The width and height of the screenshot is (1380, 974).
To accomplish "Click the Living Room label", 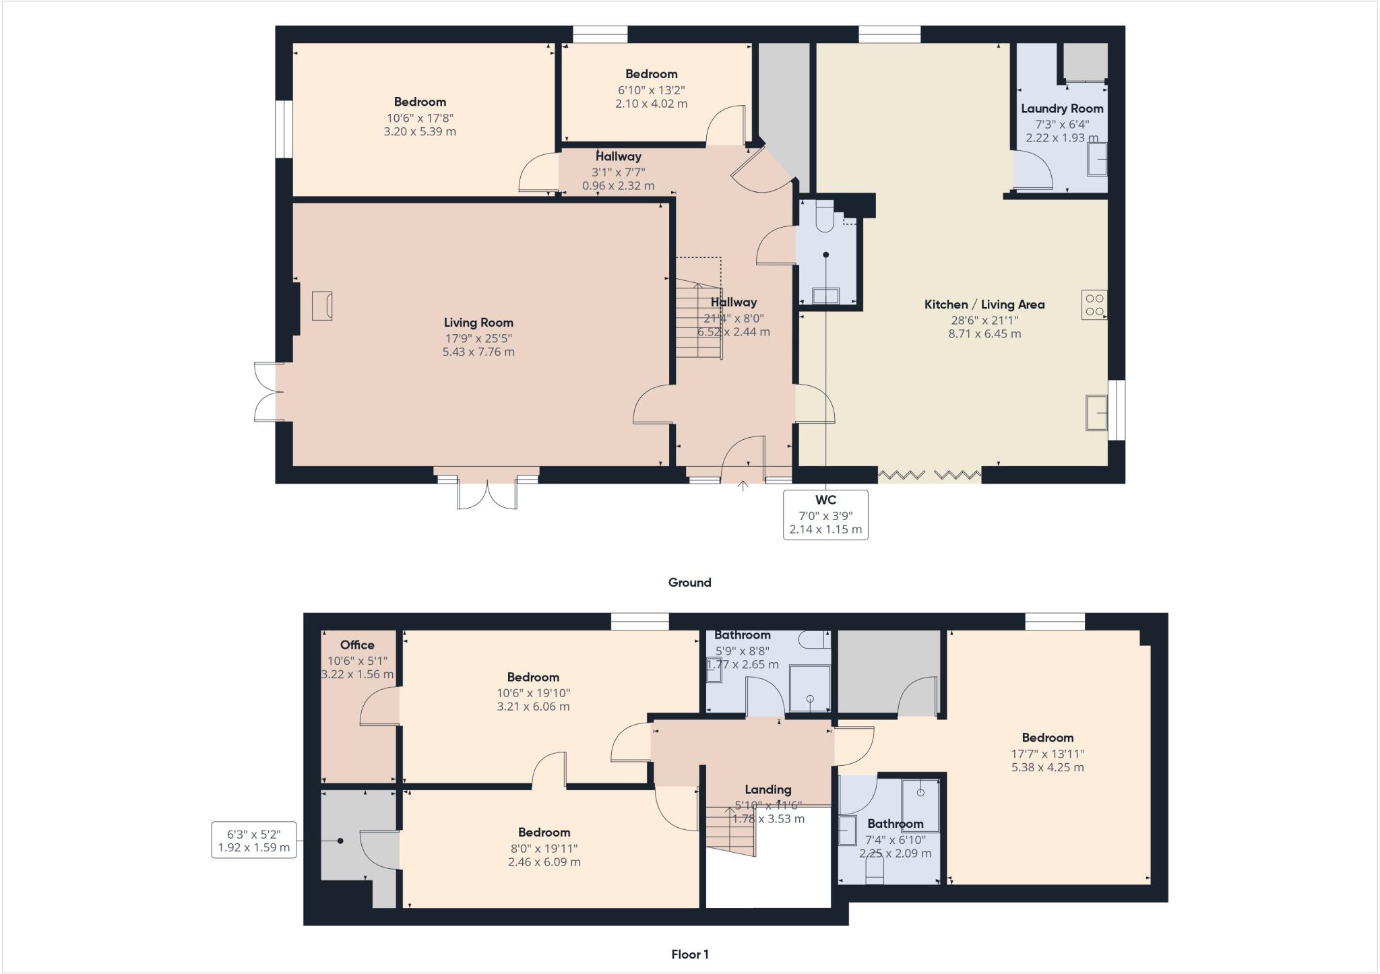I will click(x=478, y=323).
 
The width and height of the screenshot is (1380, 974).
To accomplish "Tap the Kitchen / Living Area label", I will click(x=984, y=304).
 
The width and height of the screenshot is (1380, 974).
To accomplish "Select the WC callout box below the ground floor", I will click(x=825, y=515).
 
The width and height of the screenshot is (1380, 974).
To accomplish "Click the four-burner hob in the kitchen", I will click(x=1094, y=304).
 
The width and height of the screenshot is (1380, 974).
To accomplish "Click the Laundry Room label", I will click(x=1062, y=108).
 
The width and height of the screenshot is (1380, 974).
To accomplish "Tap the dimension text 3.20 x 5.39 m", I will click(x=420, y=131).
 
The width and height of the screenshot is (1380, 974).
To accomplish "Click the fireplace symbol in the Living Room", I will click(x=322, y=306).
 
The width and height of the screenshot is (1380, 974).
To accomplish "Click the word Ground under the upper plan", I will click(x=689, y=583).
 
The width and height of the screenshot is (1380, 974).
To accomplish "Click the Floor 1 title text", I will click(x=689, y=954).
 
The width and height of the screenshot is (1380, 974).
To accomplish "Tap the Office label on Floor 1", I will click(x=357, y=645).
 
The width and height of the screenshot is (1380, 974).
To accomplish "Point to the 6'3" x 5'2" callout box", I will click(x=254, y=840).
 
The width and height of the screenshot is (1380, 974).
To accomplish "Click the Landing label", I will click(x=767, y=789).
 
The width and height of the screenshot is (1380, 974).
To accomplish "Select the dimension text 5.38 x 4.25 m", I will click(x=1047, y=767).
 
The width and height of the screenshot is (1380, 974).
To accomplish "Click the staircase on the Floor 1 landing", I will click(x=730, y=831).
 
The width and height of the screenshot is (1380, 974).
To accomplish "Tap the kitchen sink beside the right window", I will click(x=1096, y=412).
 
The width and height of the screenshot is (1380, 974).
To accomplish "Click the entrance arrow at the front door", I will click(x=743, y=486).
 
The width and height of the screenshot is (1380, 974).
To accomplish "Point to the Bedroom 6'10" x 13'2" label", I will click(x=651, y=74).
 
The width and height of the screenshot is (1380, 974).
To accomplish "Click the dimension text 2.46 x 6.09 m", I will click(x=544, y=862).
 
